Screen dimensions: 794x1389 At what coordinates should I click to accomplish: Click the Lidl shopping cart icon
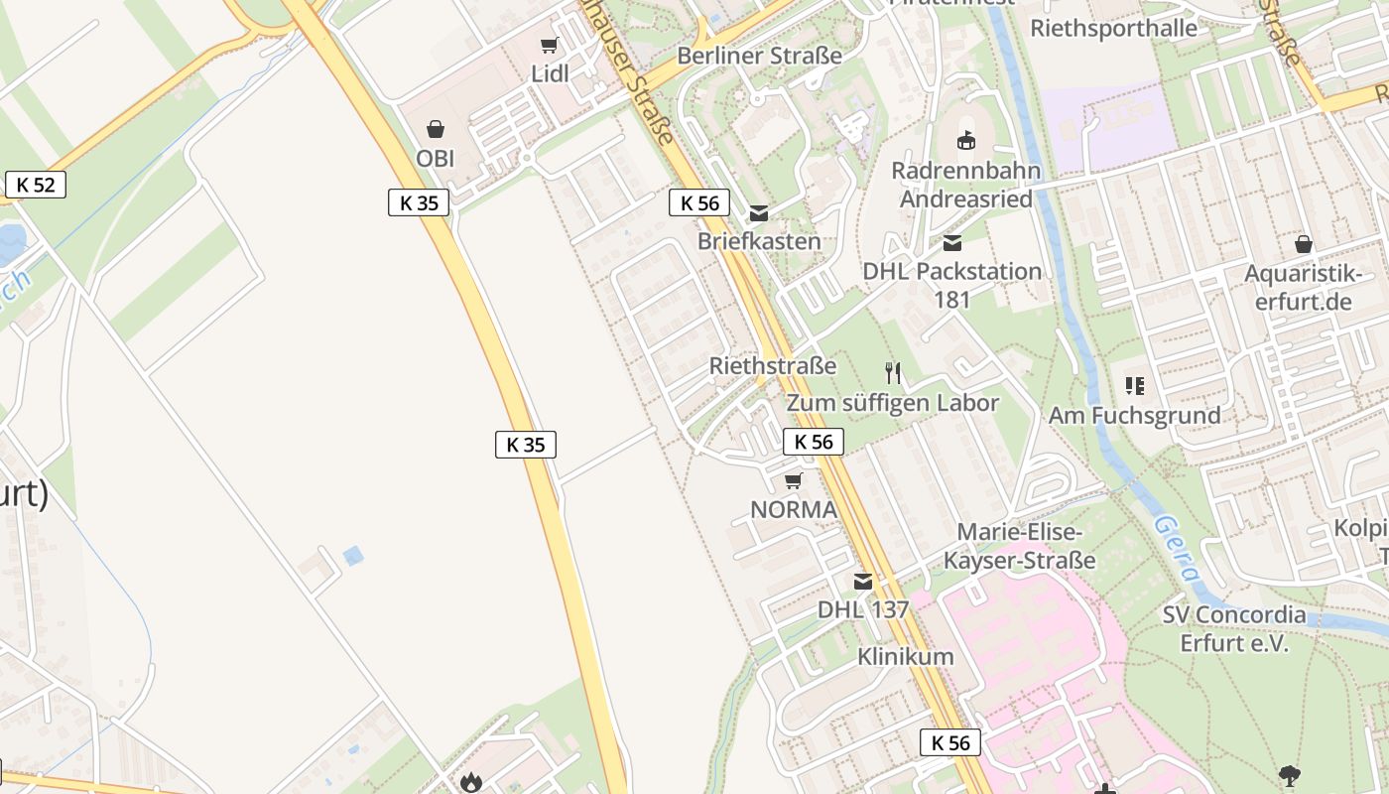(x=549, y=46)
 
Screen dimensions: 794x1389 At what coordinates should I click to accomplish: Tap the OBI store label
(x=436, y=158)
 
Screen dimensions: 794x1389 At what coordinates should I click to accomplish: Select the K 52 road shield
(x=36, y=184)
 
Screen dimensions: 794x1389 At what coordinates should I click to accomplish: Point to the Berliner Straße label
(x=759, y=56)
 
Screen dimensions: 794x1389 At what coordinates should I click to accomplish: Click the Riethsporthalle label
(x=1113, y=28)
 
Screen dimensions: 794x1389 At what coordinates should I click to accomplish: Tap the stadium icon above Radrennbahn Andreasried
(x=966, y=140)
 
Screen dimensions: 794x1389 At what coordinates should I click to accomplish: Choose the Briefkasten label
(x=759, y=241)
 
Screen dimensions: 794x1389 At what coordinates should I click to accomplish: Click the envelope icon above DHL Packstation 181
(x=952, y=242)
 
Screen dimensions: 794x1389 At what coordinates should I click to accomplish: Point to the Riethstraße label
(x=773, y=365)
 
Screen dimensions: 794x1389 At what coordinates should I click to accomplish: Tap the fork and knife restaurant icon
(x=893, y=373)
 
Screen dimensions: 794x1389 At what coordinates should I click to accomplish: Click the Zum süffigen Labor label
(x=893, y=403)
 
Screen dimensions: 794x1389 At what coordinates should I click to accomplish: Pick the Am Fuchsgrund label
(x=1135, y=415)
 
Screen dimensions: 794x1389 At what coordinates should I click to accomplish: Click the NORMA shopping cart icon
(x=793, y=481)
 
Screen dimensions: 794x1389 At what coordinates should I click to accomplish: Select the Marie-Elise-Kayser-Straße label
(x=1019, y=546)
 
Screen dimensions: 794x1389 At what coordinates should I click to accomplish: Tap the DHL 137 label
(x=863, y=609)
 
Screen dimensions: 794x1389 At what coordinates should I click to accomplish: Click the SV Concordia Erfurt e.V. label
(x=1233, y=628)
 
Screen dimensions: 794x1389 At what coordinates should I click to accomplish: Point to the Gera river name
(x=1179, y=548)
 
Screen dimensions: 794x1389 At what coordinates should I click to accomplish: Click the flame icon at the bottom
(x=470, y=782)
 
